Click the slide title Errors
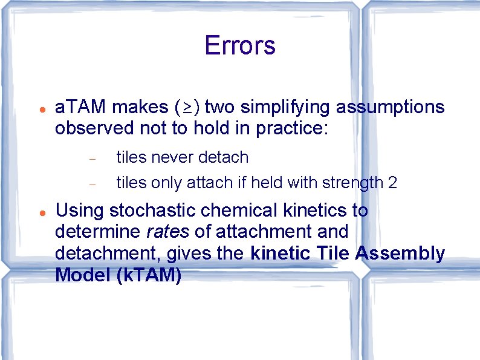(x=240, y=46)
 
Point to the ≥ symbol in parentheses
(x=187, y=108)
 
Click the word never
(x=176, y=157)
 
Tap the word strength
(x=351, y=183)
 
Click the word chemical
(x=236, y=211)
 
